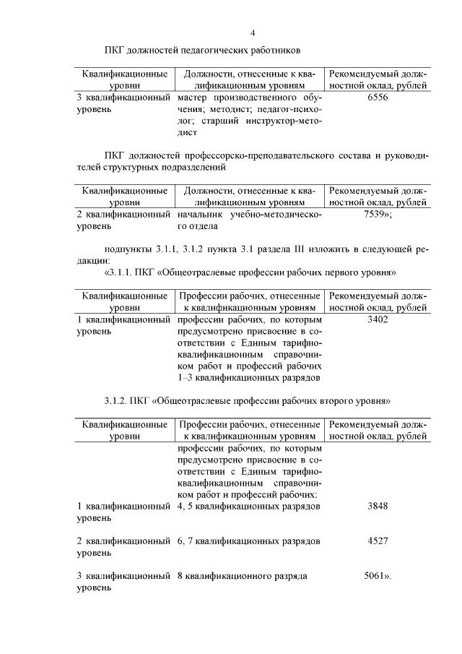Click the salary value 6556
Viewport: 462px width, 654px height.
coord(378,97)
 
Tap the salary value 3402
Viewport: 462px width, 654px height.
coord(378,319)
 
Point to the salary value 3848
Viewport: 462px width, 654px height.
coord(378,506)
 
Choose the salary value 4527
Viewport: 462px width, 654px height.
coord(378,541)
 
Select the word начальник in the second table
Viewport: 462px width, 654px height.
coord(200,215)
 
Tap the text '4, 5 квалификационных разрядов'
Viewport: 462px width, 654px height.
coord(248,506)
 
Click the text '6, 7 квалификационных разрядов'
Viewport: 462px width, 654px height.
coord(248,541)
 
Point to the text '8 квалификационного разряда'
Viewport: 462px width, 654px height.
coord(242,576)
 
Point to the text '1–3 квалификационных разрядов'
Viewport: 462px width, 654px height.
coord(248,377)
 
